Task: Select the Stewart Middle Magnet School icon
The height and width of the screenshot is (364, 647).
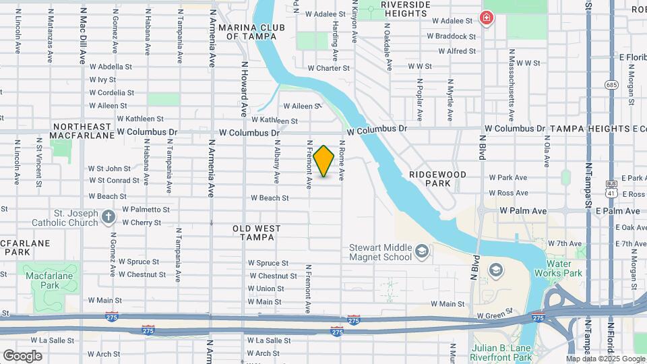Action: click(422, 251)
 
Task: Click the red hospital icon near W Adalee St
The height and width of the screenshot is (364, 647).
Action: click(485, 18)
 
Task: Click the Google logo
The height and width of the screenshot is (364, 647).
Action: click(23, 355)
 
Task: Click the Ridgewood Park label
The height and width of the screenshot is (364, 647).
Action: click(437, 179)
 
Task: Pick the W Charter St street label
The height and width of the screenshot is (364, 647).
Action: click(328, 68)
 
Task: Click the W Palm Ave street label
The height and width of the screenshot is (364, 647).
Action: click(523, 211)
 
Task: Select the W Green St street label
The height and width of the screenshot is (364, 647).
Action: click(495, 315)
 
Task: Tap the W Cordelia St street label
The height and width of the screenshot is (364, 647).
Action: click(111, 92)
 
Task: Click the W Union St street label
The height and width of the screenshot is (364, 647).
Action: click(265, 289)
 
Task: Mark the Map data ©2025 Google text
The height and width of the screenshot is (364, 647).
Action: click(605, 359)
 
